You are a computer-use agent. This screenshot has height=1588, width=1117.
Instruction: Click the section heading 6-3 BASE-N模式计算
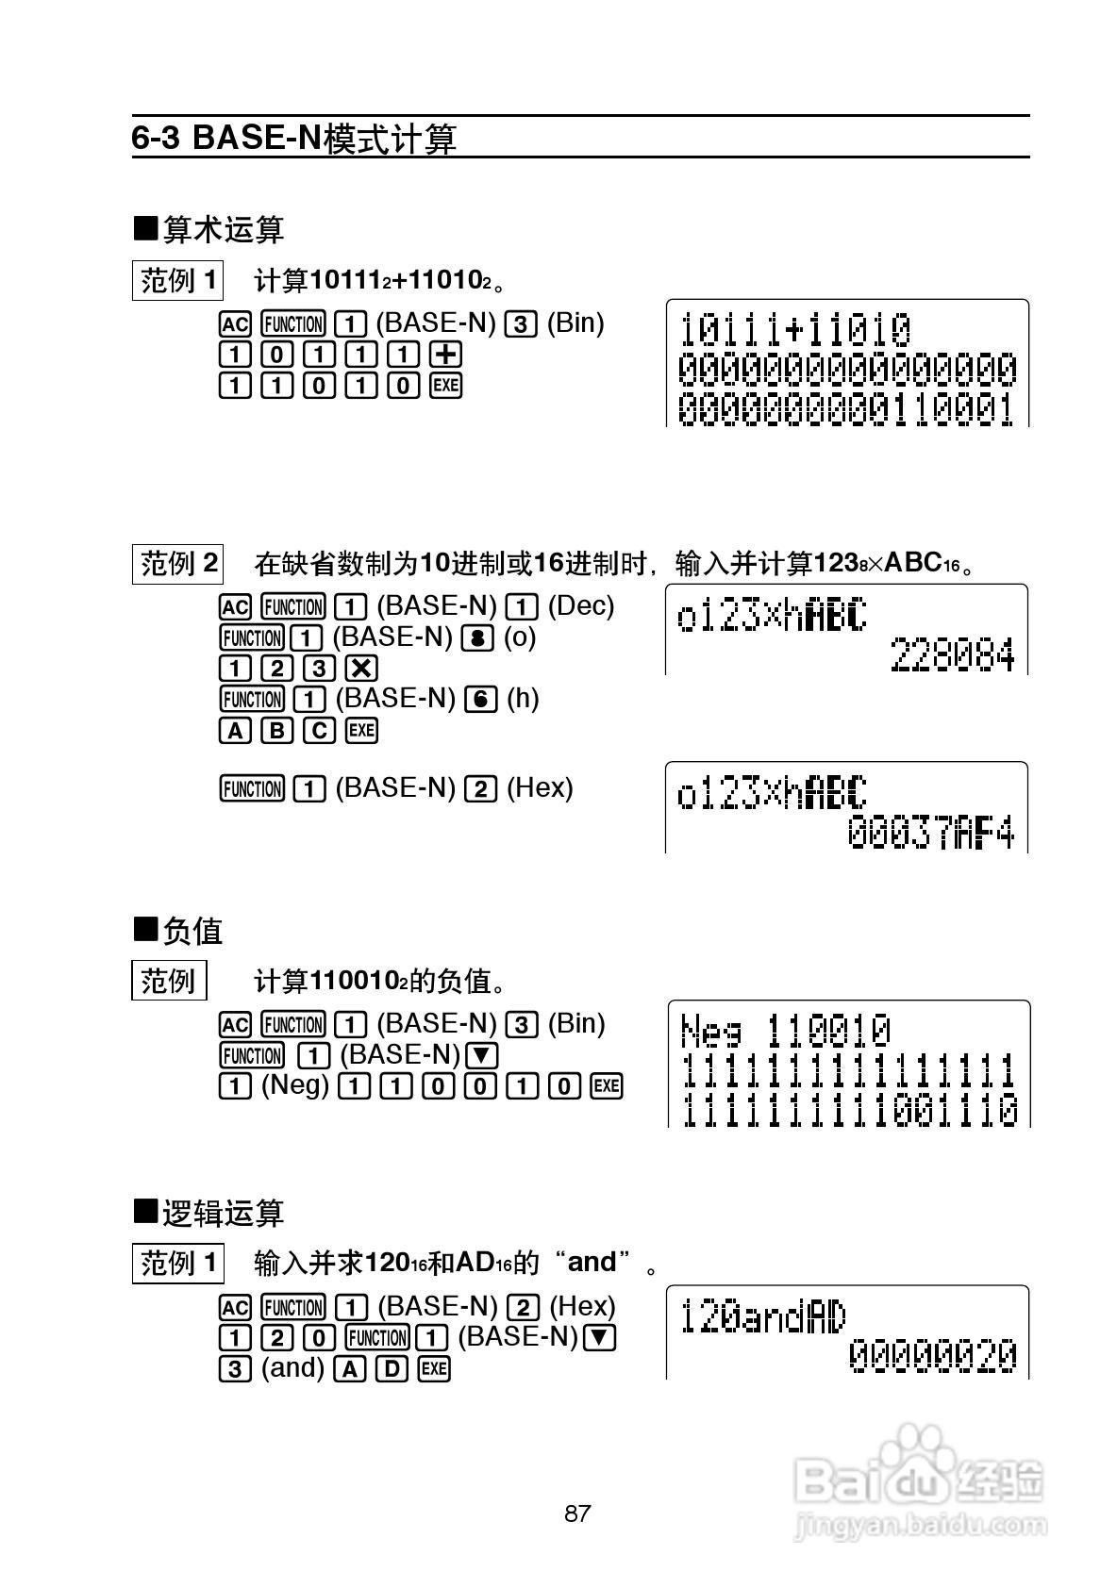(293, 139)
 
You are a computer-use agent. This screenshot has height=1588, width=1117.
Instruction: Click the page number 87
(577, 1514)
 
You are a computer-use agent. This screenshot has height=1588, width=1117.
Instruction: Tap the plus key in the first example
(445, 355)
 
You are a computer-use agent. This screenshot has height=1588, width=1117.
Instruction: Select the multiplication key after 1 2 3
(361, 668)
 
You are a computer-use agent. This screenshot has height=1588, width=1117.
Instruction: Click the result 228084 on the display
(952, 655)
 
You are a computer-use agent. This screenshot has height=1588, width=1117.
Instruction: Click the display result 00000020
(932, 1356)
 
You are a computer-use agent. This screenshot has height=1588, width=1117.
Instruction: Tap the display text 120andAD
(763, 1316)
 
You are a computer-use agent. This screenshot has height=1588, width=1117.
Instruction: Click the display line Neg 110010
(785, 1030)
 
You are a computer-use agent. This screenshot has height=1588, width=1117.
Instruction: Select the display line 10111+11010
(795, 330)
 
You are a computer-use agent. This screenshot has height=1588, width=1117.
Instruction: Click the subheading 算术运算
(209, 229)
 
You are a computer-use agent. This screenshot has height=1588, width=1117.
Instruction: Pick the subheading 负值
(179, 931)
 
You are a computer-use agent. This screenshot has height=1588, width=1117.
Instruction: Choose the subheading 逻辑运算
(209, 1213)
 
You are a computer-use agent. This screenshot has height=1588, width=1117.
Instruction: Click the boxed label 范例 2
(178, 564)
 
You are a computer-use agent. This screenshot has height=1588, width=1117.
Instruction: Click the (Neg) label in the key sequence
(294, 1085)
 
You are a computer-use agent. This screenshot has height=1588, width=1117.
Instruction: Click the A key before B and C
(234, 730)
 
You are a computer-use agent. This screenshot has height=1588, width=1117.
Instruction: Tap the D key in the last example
(392, 1368)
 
